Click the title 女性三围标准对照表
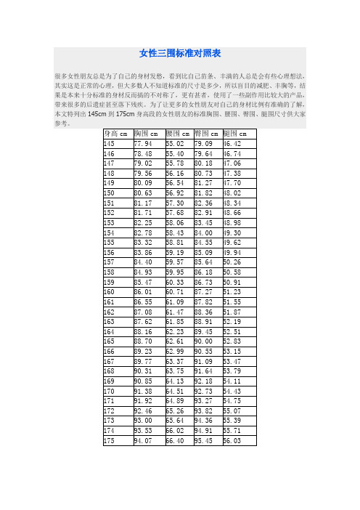180,53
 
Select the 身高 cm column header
116,134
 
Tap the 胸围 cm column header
147,134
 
